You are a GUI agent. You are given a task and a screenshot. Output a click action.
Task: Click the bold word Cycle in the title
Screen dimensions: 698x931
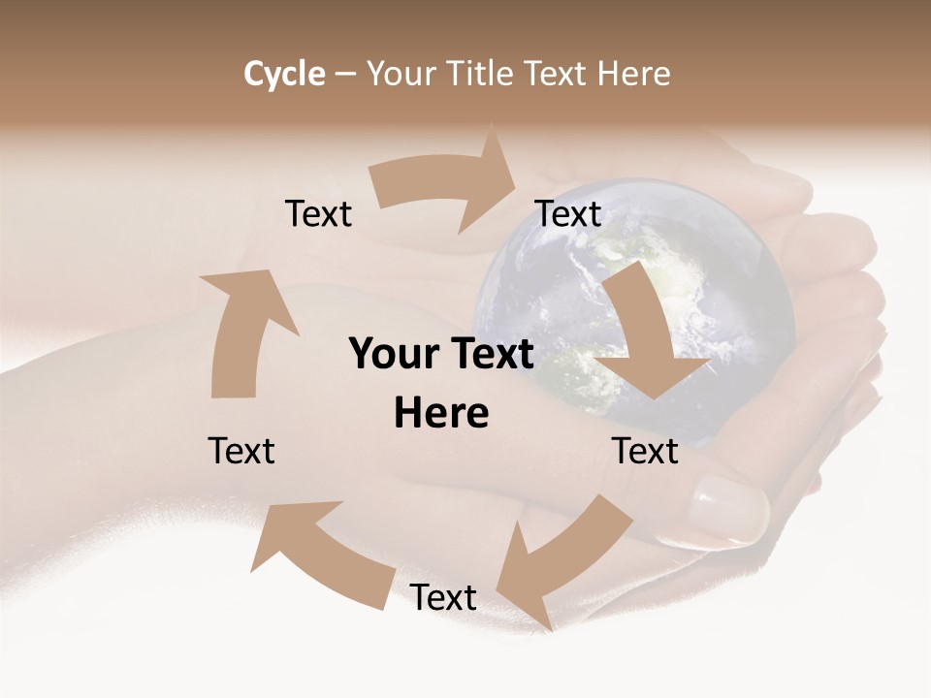point(284,74)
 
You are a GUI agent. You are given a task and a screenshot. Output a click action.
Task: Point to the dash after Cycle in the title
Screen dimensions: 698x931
point(346,75)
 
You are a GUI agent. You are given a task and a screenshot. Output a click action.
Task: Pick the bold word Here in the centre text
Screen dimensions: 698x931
point(441,414)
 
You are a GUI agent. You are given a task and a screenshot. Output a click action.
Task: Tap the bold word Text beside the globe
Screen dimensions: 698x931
point(493,355)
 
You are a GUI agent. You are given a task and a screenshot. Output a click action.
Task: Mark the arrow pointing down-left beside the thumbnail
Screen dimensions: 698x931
point(558,562)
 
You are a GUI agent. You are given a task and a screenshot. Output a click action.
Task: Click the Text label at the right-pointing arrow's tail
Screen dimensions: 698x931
point(318,214)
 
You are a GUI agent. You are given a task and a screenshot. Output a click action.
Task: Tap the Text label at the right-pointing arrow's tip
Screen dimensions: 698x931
point(569,214)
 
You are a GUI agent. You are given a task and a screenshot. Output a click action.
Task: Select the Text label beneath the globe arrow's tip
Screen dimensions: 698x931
point(645,451)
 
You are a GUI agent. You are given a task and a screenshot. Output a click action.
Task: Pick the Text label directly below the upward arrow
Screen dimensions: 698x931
point(241,451)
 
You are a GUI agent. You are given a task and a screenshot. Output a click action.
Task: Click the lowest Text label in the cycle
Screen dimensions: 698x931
point(443,597)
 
